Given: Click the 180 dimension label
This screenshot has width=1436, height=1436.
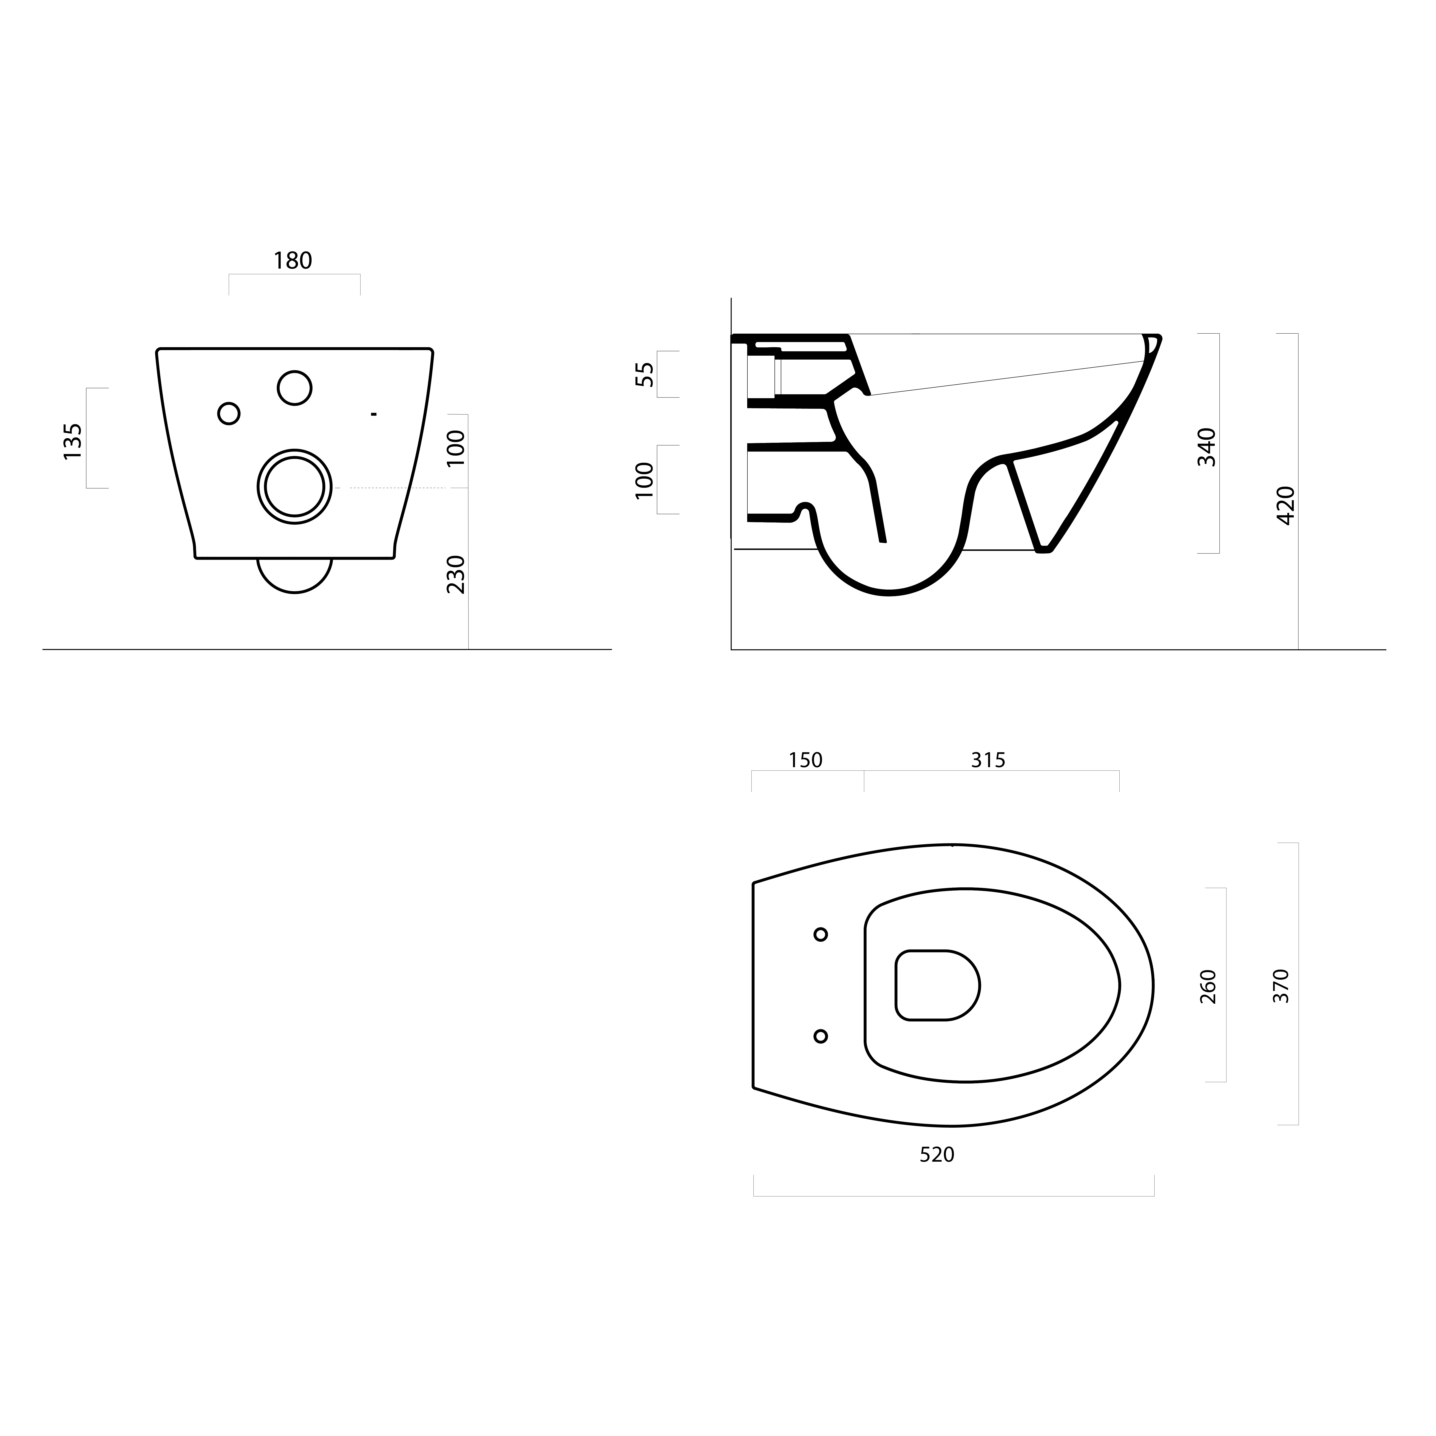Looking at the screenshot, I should [x=293, y=261].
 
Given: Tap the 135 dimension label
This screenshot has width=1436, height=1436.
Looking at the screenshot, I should [x=73, y=442].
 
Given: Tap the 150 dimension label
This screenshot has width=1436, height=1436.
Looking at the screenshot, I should [x=806, y=760].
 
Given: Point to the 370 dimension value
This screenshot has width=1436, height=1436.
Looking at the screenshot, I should [x=1281, y=986].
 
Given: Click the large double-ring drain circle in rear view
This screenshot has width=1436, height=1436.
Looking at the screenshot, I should [x=295, y=487].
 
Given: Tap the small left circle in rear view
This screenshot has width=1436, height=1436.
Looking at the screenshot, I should [x=229, y=413].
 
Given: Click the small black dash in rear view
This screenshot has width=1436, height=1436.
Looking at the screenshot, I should [x=374, y=413].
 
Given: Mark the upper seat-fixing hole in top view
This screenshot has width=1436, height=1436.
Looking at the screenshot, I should [x=820, y=934].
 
